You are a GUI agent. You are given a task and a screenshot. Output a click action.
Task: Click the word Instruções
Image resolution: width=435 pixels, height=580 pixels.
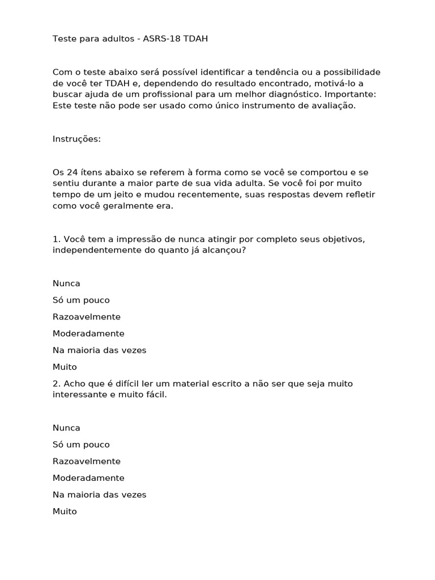[76, 139]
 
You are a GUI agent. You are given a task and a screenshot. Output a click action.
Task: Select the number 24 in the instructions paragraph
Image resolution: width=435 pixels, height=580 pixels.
[74, 172]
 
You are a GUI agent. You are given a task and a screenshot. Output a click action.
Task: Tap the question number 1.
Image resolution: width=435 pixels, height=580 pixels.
[56, 239]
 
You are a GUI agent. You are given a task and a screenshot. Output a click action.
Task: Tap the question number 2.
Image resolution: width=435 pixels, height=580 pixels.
[56, 383]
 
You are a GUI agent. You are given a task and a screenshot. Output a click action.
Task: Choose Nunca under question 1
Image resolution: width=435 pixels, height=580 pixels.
[66, 283]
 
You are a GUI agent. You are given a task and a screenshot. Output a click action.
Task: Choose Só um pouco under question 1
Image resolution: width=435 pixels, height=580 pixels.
[81, 300]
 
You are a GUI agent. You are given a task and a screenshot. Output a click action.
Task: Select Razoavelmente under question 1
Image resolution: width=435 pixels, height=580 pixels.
[87, 317]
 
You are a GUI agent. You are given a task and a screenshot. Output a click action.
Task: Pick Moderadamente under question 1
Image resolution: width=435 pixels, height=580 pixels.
[88, 334]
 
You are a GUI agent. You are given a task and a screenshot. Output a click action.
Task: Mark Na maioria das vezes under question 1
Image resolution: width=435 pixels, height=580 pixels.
[99, 350]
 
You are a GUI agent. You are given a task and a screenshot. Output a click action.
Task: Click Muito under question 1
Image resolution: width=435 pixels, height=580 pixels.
[65, 367]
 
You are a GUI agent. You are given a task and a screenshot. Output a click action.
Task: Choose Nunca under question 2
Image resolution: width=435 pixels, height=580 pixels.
[66, 428]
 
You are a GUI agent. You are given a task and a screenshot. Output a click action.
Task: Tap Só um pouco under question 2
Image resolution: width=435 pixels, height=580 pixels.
[81, 445]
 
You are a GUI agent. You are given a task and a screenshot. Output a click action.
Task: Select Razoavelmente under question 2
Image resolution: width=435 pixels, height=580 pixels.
[87, 461]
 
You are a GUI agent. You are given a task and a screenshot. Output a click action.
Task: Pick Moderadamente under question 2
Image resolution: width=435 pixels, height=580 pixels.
[88, 478]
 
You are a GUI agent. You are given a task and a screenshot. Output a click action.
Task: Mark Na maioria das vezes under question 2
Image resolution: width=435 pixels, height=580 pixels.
[99, 494]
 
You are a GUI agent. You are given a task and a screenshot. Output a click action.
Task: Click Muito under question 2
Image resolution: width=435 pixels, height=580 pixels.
[65, 511]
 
